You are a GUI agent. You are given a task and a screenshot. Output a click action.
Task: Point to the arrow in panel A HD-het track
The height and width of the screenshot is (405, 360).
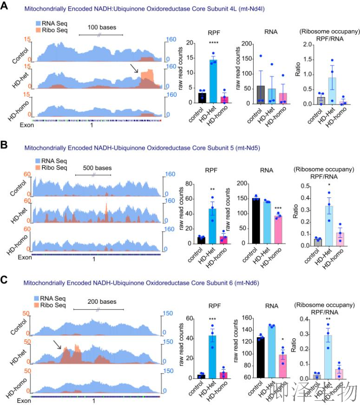pyautogui.click(x=134, y=69)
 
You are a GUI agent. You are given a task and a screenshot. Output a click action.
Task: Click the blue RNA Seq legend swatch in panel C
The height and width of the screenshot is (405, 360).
pyautogui.click(x=39, y=298)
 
